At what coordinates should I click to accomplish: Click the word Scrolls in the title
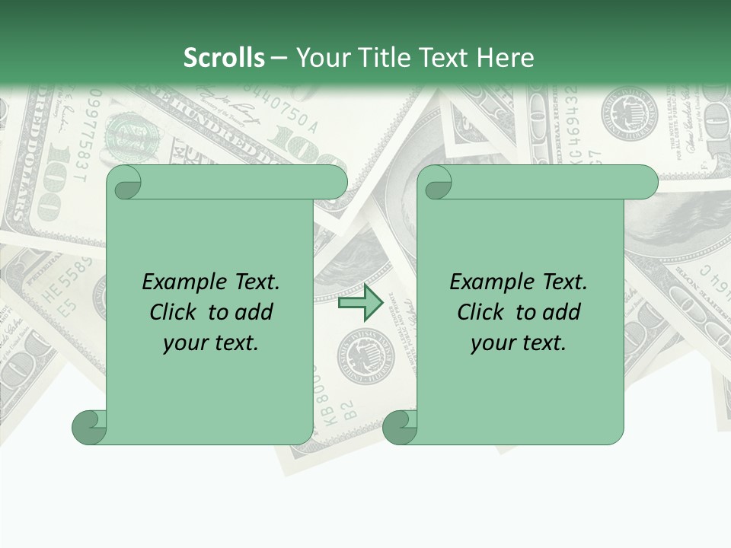coord(224,58)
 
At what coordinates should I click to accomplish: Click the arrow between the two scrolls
coord(360,303)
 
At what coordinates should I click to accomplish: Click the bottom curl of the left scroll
coord(90,428)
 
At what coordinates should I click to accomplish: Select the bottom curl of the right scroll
coord(400,428)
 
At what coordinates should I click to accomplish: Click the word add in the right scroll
coord(563,313)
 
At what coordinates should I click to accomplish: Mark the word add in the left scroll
coord(255,313)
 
